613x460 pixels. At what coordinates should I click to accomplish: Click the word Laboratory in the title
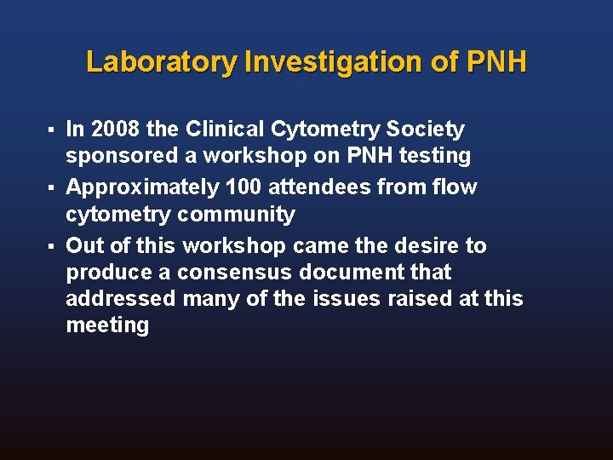click(162, 62)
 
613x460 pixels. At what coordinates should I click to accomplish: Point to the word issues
click(332, 299)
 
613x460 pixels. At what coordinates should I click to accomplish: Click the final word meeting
click(107, 325)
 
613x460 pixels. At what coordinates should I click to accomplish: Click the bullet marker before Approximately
click(52, 187)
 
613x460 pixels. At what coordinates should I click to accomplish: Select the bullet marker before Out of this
click(52, 246)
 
